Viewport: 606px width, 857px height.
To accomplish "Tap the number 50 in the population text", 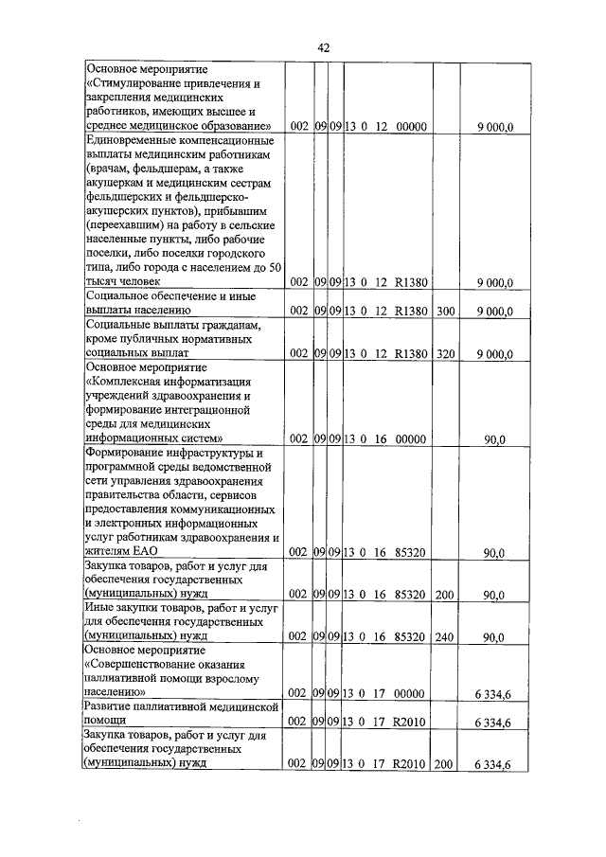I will (x=275, y=267).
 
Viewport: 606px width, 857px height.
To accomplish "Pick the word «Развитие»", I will (x=110, y=707).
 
